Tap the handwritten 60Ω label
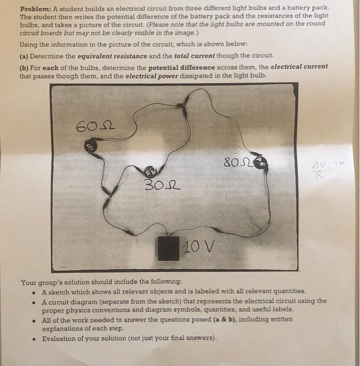(96, 126)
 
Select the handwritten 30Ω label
(162, 185)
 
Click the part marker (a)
(25, 55)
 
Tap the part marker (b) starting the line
(25, 66)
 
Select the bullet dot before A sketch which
(34, 291)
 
